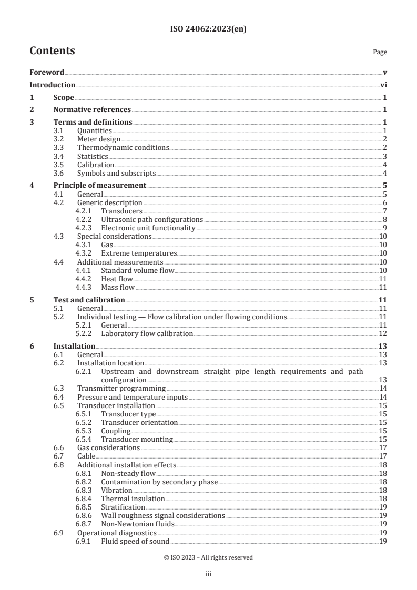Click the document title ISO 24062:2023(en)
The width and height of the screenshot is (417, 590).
[x=208, y=29]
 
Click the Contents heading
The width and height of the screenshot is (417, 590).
[x=52, y=51]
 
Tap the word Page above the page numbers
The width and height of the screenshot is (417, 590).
[x=380, y=52]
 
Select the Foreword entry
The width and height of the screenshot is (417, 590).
[x=47, y=72]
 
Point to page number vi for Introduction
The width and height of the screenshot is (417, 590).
[x=383, y=85]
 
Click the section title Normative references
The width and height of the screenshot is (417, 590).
[x=92, y=109]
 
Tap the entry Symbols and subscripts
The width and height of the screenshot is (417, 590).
[x=116, y=173]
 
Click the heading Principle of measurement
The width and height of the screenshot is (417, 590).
[x=100, y=185]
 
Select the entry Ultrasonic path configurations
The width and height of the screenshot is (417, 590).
[x=151, y=219]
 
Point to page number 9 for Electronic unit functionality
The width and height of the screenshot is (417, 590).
[x=385, y=227]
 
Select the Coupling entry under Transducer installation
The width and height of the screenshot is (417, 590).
[x=116, y=431]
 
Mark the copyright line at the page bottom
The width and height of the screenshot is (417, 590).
[x=208, y=557]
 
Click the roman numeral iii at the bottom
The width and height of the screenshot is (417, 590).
[x=208, y=575]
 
